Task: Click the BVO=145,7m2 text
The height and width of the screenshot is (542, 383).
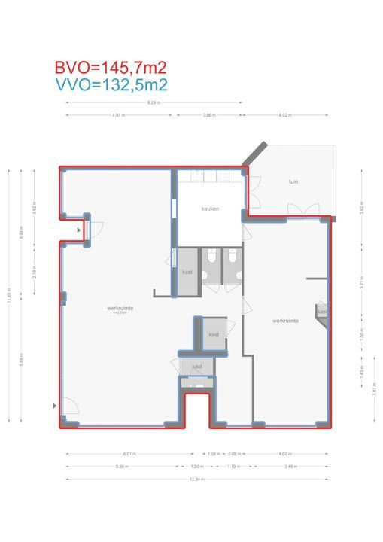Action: coord(110,68)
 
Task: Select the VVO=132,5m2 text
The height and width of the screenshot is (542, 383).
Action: coord(110,85)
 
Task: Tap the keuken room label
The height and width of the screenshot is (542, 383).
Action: coord(210,209)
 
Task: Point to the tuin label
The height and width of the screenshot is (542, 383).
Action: coord(293,182)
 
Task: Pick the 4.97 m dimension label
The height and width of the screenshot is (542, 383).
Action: coord(117,116)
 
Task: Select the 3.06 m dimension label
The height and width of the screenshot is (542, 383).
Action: coord(209,116)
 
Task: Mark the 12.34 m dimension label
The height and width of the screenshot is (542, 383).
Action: coord(196,480)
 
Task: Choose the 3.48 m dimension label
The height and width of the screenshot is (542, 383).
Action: coord(290,467)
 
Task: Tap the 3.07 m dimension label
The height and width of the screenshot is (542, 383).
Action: coord(374,389)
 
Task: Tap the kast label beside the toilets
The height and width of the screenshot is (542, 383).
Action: coord(187,272)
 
